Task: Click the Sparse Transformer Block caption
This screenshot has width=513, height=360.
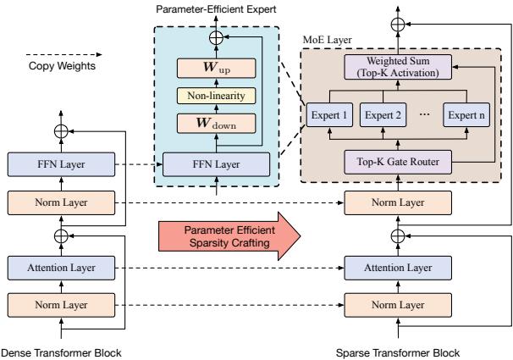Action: [391, 351]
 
